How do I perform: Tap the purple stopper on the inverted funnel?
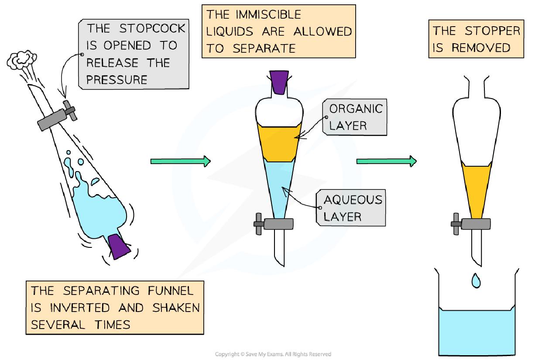[119, 246]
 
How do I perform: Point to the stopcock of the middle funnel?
[274, 224]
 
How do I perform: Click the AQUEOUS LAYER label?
[353, 208]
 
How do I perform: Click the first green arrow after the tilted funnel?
[180, 161]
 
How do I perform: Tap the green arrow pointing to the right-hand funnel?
[386, 161]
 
